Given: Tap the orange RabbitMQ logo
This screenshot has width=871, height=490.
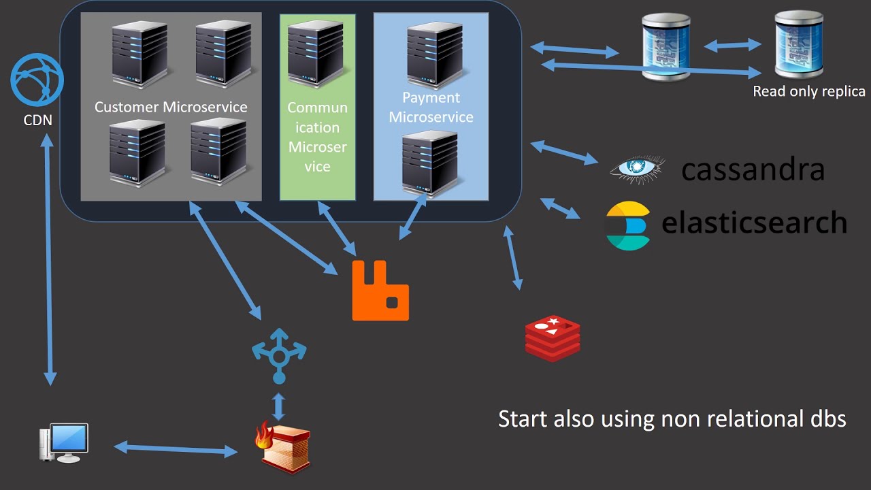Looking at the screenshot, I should coord(380,291).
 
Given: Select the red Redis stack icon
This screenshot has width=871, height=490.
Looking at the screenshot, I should coord(553,337).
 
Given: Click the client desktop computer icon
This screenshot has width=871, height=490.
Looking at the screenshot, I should coord(65,443).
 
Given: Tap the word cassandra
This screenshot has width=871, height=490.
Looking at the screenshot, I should coord(753,170).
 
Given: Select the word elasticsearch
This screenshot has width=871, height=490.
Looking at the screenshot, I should coord(754,223).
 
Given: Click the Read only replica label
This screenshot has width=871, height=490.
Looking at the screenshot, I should coord(809,91).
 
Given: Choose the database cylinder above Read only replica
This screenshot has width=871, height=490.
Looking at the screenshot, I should coord(799,45).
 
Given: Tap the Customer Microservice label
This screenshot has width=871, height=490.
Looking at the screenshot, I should coord(171,107).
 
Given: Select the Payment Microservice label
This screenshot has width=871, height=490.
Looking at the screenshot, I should coord(431,108).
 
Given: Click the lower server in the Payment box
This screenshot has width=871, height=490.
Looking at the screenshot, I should coord(429,164).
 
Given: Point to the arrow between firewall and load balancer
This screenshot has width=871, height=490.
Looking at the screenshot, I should coord(278,406).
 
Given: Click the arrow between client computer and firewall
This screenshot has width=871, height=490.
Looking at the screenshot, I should coord(176,448).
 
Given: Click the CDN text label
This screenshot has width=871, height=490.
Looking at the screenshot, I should coord(37,121).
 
